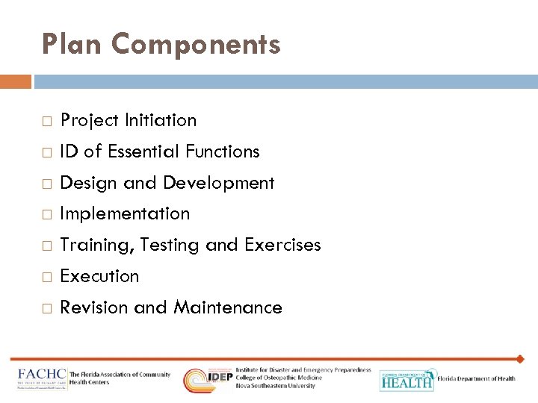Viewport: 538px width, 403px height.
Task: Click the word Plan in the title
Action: coord(72,45)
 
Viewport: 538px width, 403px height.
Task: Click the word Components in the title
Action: coord(196,45)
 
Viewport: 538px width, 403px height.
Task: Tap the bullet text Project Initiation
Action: coord(129,120)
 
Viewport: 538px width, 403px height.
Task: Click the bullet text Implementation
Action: coord(125,213)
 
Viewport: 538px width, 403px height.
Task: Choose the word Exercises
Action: coord(282,245)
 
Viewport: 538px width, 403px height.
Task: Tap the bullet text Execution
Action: coord(99,276)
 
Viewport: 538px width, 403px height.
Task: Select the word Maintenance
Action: coord(228,307)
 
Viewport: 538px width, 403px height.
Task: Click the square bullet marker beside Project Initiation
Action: coord(46,121)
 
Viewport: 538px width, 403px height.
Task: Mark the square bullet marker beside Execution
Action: coord(46,277)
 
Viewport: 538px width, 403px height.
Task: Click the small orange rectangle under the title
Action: coord(16,81)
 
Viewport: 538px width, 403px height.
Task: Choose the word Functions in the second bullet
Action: coord(223,151)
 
